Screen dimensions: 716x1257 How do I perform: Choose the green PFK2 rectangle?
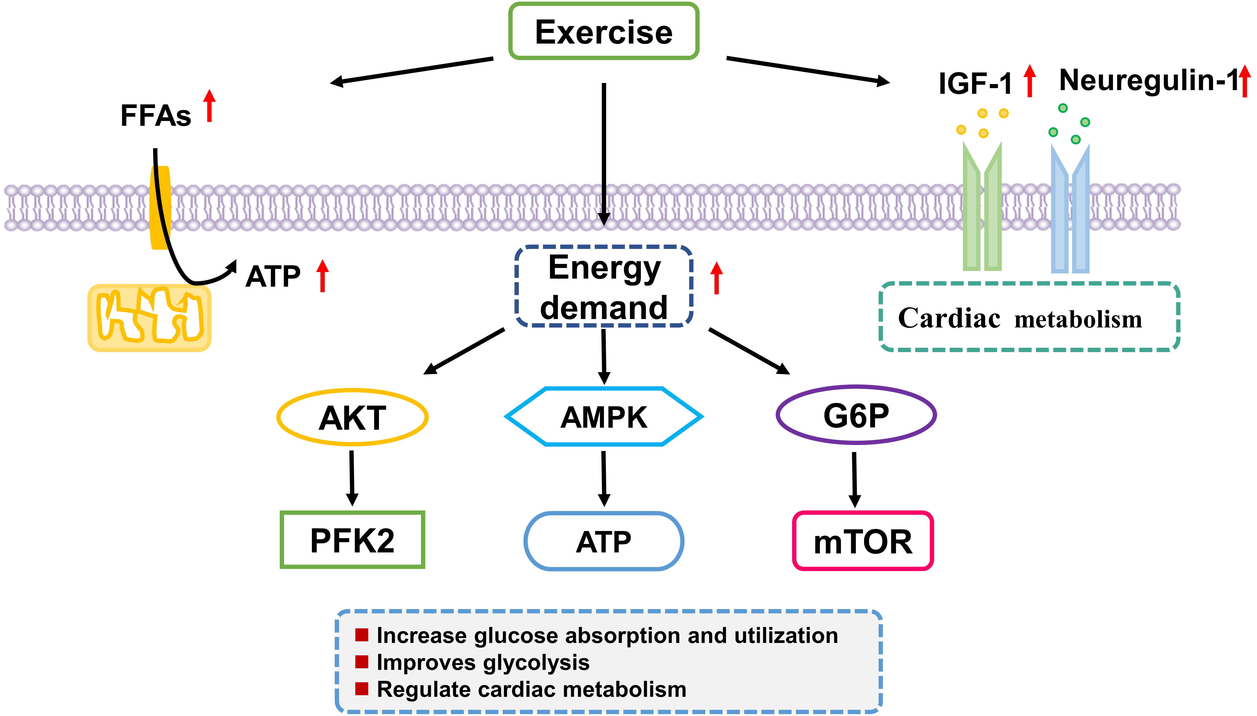click(352, 540)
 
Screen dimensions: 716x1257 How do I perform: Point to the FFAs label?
click(156, 116)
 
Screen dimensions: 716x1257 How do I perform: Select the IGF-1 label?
click(975, 84)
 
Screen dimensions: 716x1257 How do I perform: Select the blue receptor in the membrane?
click(1070, 209)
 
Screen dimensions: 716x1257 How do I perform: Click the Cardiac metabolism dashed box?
click(1029, 317)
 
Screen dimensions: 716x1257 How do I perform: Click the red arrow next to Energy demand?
click(716, 278)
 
